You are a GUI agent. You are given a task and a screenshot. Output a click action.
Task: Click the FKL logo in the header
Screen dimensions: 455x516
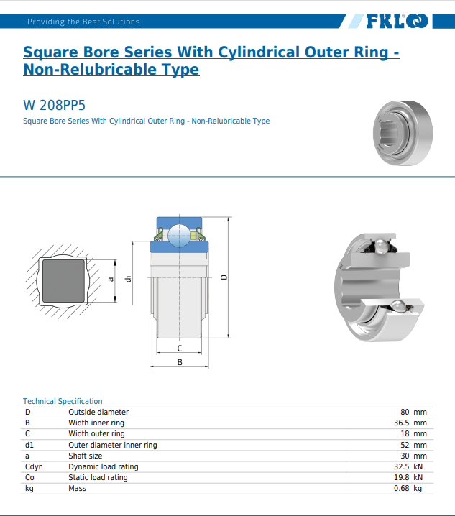click(x=397, y=21)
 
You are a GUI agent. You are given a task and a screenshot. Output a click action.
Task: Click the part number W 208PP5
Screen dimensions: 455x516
click(x=55, y=106)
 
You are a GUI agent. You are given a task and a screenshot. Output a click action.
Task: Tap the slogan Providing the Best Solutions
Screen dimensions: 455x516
click(x=83, y=22)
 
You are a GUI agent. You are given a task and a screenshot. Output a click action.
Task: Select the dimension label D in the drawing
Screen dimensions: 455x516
click(x=224, y=277)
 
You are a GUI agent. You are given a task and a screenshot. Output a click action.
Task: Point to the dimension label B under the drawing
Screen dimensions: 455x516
click(x=180, y=362)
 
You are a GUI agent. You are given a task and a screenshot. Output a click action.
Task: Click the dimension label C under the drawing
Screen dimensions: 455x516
click(x=180, y=348)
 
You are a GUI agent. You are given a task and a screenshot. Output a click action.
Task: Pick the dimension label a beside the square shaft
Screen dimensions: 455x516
click(x=111, y=280)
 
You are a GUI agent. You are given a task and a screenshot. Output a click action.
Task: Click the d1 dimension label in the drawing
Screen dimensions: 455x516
click(x=128, y=279)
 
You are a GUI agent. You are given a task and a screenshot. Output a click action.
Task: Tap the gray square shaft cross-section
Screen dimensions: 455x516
click(x=63, y=281)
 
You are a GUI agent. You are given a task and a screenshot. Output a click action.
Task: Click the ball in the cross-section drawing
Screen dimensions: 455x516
click(x=179, y=235)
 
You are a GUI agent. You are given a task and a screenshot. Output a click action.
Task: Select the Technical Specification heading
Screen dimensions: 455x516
click(x=63, y=401)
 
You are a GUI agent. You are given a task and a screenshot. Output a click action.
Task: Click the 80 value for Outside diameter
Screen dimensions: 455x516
click(x=405, y=412)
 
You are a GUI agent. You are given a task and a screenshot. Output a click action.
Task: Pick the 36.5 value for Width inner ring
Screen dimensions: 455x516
click(x=402, y=423)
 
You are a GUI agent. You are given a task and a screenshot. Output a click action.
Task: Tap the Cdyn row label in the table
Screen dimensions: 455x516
click(x=34, y=466)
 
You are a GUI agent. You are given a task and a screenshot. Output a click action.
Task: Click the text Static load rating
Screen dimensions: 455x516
click(x=98, y=477)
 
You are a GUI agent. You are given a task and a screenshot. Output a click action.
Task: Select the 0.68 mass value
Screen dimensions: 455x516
click(x=402, y=489)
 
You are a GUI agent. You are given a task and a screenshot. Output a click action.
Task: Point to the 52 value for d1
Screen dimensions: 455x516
click(x=405, y=445)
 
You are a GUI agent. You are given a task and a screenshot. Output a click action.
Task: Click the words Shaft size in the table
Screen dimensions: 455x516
click(x=86, y=456)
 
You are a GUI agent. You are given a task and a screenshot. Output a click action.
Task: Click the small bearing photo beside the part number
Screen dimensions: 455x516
click(x=403, y=133)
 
